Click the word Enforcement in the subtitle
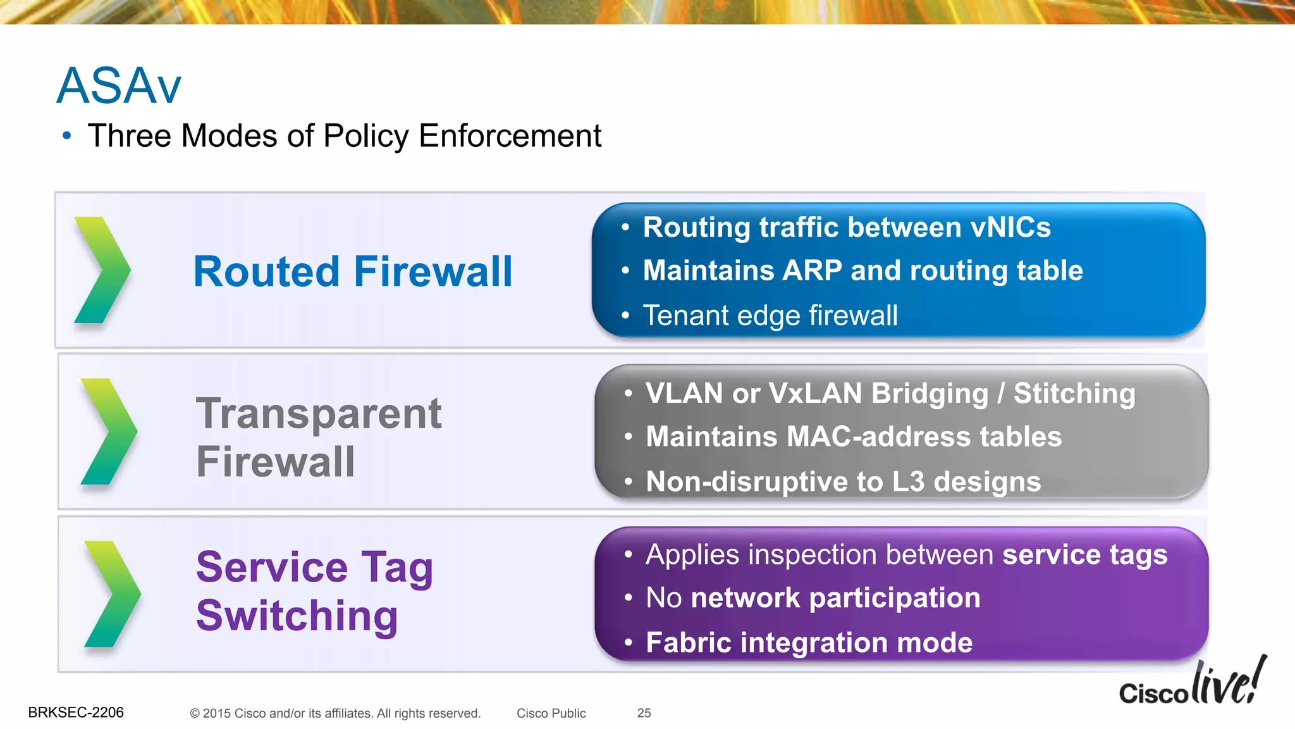click(x=510, y=136)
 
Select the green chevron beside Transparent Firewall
click(x=108, y=432)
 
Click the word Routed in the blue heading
click(x=266, y=272)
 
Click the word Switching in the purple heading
click(x=297, y=616)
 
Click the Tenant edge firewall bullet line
click(x=770, y=315)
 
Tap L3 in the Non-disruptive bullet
click(x=908, y=482)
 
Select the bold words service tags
click(x=1084, y=555)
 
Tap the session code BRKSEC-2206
click(x=76, y=713)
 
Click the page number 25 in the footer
click(x=644, y=713)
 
